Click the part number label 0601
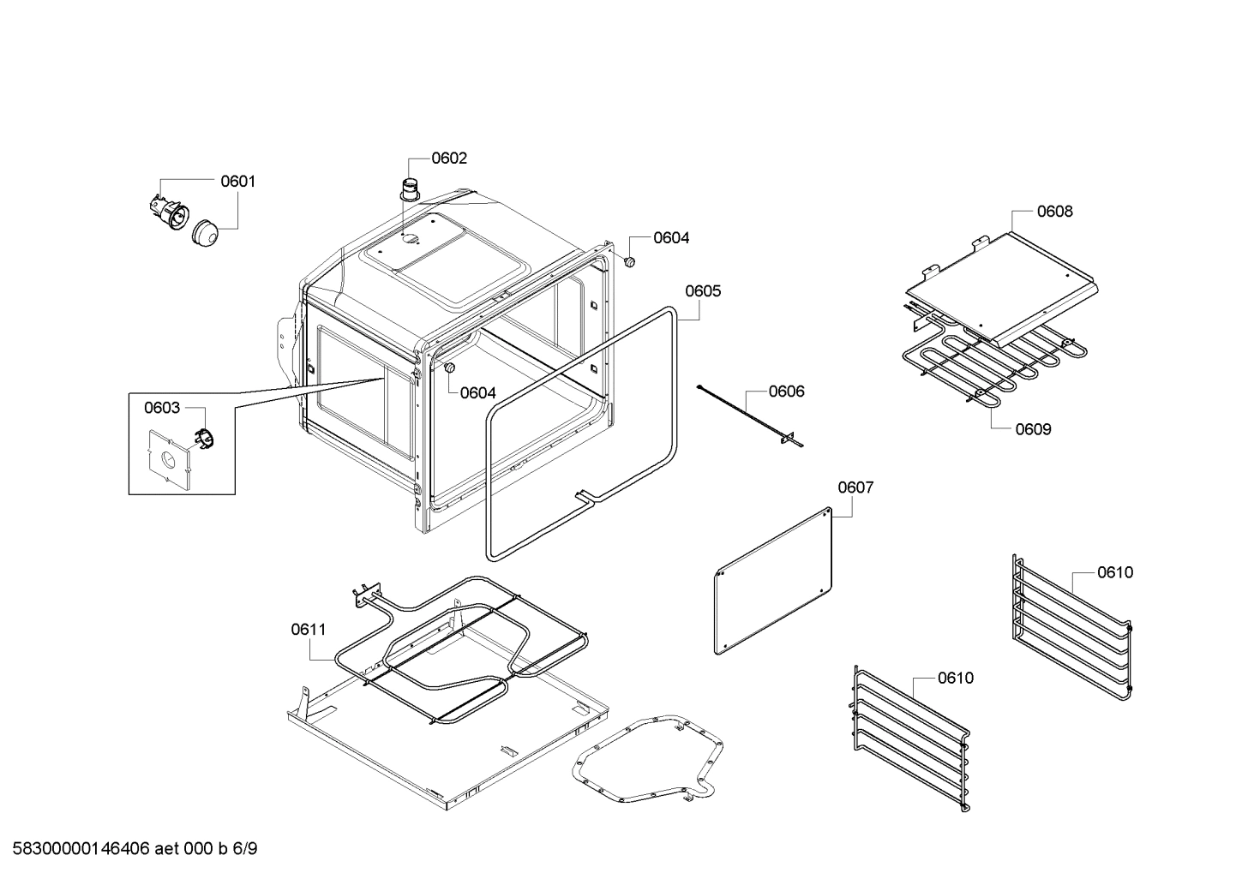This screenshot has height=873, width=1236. (x=237, y=182)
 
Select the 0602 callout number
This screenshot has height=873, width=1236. (x=449, y=158)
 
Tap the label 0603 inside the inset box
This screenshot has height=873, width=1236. (x=162, y=408)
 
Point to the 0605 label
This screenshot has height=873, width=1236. (x=703, y=291)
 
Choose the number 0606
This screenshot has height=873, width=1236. (x=786, y=392)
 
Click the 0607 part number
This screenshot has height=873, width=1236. (x=855, y=487)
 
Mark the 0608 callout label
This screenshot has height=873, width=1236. (x=1054, y=212)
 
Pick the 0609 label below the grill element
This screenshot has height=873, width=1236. (x=1033, y=429)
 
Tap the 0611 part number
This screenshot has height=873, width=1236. (x=308, y=630)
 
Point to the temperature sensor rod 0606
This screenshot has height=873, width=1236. (x=746, y=416)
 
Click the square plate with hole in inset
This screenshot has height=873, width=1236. (x=169, y=460)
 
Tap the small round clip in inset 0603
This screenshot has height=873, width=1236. (x=204, y=438)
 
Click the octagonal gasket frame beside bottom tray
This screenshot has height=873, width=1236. (x=648, y=759)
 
